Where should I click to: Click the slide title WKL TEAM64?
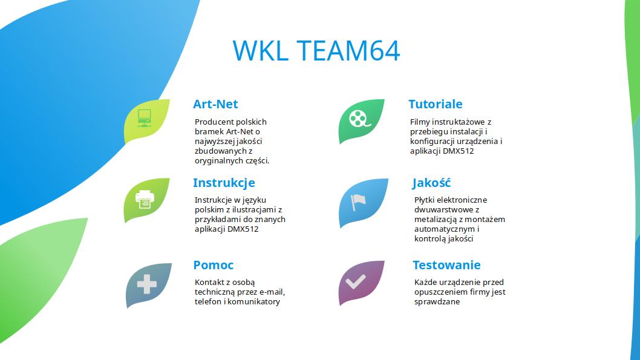click(x=316, y=51)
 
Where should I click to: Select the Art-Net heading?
click(x=215, y=104)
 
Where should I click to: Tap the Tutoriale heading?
click(x=436, y=104)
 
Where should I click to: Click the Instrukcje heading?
click(x=224, y=183)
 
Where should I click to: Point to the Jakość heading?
click(x=431, y=183)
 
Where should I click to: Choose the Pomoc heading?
click(x=214, y=265)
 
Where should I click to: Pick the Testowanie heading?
click(x=446, y=265)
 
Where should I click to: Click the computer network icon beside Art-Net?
click(x=145, y=118)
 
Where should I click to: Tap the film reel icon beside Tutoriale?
click(x=359, y=119)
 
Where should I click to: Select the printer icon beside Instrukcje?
click(x=145, y=200)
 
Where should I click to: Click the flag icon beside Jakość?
click(x=358, y=202)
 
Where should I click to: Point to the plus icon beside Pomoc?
click(x=147, y=284)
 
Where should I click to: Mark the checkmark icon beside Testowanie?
click(x=356, y=281)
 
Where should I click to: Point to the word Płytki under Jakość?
click(x=425, y=200)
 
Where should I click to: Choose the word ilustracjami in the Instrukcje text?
click(x=253, y=210)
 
